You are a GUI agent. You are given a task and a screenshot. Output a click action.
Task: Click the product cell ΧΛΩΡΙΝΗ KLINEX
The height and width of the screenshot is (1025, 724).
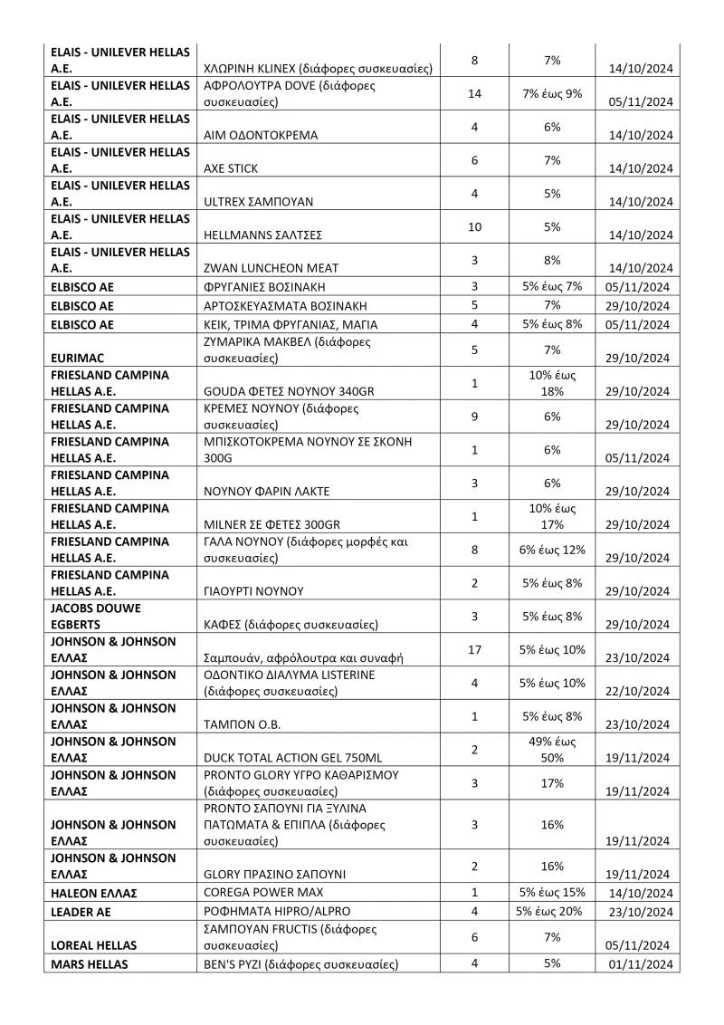pyautogui.click(x=318, y=69)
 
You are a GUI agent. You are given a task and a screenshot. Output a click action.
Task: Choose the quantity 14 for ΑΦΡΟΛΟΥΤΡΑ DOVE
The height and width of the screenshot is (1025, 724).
pyautogui.click(x=474, y=93)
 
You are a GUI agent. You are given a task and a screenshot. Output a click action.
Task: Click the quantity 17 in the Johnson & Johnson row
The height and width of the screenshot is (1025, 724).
pyautogui.click(x=474, y=649)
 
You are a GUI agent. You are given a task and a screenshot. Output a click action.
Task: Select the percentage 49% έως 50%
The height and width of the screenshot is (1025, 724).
pyautogui.click(x=553, y=749)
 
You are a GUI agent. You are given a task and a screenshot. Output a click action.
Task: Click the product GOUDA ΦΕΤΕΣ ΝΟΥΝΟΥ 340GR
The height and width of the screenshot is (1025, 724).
pyautogui.click(x=290, y=391)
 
